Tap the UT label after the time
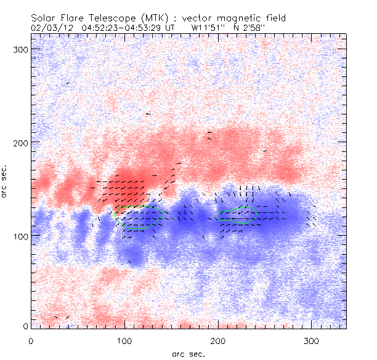point(170,27)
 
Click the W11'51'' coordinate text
point(210,27)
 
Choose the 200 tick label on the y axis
point(20,142)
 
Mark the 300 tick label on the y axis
point(20,49)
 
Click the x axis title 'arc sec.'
point(188,353)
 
